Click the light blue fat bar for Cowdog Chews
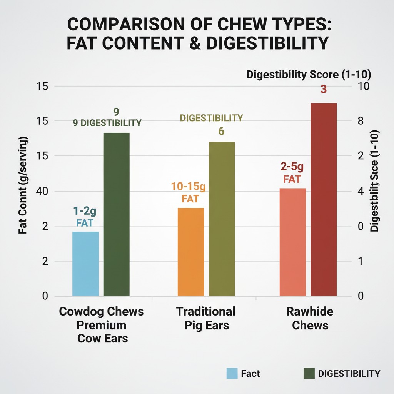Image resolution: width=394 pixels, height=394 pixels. coord(85,264)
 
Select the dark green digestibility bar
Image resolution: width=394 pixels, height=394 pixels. coord(117,214)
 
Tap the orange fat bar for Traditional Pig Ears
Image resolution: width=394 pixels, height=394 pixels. coord(191,252)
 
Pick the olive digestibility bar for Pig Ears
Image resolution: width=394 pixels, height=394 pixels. coord(222,219)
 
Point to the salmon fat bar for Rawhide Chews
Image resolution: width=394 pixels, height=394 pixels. coord(292,242)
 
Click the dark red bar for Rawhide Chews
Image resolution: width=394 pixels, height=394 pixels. coord(324,199)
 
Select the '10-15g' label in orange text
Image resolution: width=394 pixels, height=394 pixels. coord(189,187)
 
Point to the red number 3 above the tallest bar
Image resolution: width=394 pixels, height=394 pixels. coord(323,90)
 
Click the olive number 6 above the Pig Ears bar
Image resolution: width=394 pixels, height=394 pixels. coord(221,131)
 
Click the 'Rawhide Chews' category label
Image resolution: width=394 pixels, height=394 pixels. coord(310,318)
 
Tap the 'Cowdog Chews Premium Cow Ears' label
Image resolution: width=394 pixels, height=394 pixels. coord(102,325)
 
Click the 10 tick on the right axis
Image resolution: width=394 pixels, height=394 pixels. coord(363,87)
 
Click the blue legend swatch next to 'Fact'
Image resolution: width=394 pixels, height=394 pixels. coord(232,373)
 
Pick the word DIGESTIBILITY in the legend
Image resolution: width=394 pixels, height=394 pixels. coord(349,373)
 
